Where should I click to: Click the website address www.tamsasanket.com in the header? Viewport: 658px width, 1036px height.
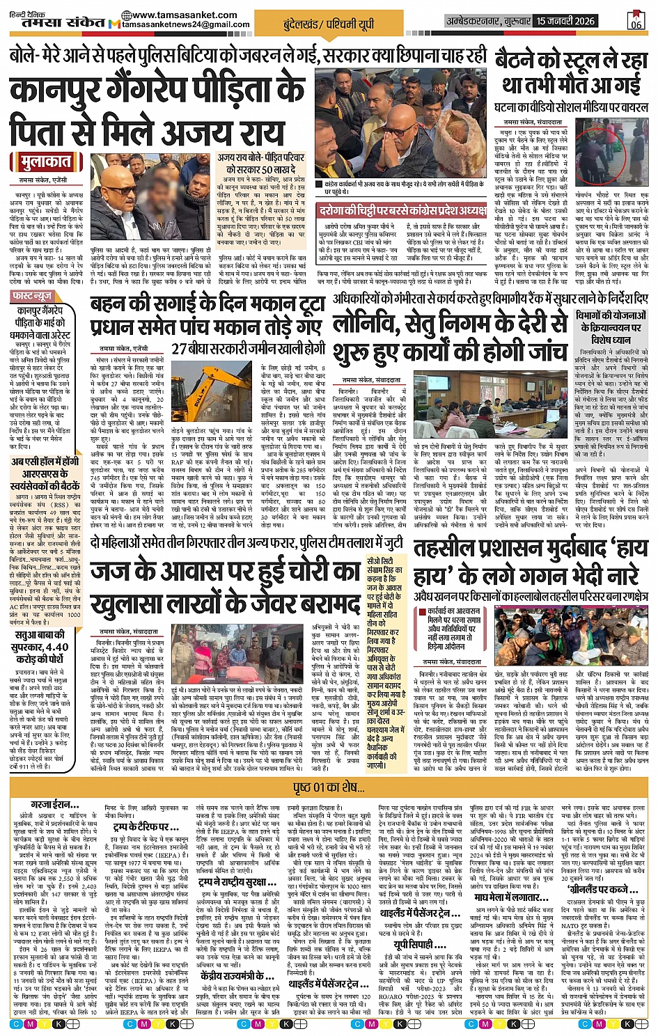click(x=184, y=15)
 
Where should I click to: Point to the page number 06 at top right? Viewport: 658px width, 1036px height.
click(x=636, y=24)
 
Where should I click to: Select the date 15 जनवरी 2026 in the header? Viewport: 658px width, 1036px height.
click(x=565, y=21)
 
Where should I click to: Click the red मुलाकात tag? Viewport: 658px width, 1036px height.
click(x=42, y=162)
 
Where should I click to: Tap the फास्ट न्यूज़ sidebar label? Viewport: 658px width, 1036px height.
click(x=33, y=296)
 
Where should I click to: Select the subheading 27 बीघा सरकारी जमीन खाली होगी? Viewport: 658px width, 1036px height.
click(x=249, y=348)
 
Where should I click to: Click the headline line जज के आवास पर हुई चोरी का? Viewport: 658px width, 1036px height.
click(x=225, y=572)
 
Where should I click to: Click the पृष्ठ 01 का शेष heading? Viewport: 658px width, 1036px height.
click(x=329, y=787)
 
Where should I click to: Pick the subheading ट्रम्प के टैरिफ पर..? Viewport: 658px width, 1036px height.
click(x=146, y=826)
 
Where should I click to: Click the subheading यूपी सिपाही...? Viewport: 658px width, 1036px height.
click(x=414, y=944)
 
